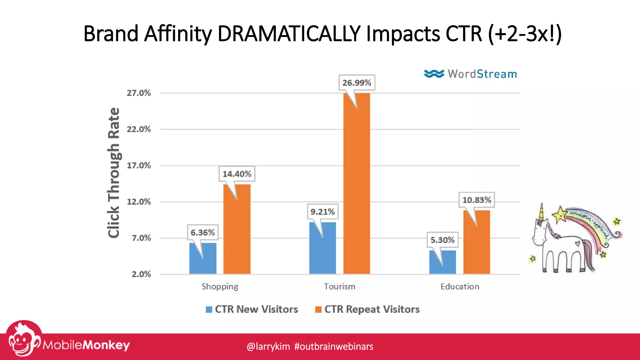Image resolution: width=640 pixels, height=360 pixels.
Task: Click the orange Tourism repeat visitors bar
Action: pos(357,187)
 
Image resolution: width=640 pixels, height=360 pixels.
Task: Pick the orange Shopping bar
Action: pos(237,231)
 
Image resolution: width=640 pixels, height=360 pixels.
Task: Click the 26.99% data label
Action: pos(357,83)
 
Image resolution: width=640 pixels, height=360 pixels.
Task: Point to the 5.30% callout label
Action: pos(442,240)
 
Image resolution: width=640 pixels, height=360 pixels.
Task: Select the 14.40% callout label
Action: pos(237,174)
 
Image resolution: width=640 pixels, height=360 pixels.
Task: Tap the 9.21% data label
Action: pos(322,212)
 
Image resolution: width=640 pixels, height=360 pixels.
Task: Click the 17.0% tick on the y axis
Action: pos(139,166)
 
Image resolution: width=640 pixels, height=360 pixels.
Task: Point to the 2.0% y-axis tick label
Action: pos(141,274)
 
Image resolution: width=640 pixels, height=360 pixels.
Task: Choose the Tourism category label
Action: pos(339,287)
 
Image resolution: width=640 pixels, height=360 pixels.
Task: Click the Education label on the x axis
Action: pos(459,287)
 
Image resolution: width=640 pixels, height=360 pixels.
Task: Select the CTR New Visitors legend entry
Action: pos(252,309)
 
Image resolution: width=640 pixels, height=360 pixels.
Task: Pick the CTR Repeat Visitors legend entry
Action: pos(367,309)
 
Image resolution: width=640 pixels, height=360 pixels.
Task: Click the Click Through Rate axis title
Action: pos(114,172)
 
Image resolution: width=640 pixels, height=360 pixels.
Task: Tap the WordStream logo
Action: pos(470,74)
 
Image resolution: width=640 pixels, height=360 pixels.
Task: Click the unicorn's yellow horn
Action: pos(542,212)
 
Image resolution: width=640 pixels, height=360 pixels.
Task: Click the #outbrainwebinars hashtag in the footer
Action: pos(333,347)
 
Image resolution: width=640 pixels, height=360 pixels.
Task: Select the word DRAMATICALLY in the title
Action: pos(289,34)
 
